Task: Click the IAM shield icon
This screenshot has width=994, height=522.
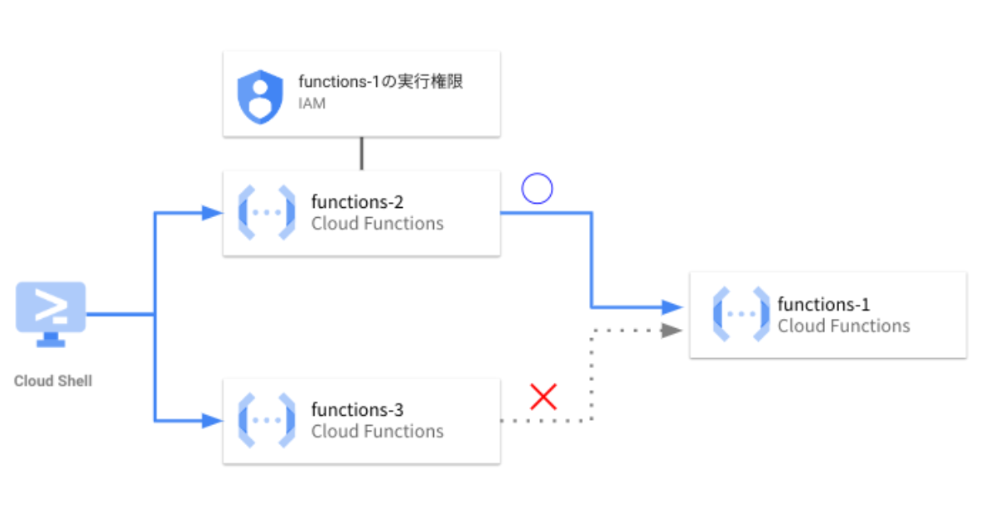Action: (x=260, y=96)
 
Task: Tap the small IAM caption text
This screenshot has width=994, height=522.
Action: (x=312, y=104)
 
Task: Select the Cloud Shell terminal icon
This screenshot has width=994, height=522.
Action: (x=51, y=313)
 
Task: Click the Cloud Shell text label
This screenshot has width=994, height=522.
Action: (x=53, y=381)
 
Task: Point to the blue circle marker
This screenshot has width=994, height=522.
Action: (x=537, y=190)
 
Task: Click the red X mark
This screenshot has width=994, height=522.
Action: (x=543, y=397)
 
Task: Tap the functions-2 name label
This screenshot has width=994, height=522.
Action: (x=357, y=201)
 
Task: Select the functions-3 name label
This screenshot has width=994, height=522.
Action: (x=357, y=409)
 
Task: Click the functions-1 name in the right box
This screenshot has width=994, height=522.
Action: (x=823, y=304)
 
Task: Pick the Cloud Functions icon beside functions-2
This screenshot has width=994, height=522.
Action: (x=267, y=213)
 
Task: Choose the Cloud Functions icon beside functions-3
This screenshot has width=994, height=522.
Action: (x=267, y=421)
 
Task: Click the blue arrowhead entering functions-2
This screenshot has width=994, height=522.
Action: (x=213, y=213)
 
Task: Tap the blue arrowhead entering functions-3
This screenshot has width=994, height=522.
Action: (x=213, y=421)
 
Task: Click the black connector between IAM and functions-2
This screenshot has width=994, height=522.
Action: (x=361, y=153)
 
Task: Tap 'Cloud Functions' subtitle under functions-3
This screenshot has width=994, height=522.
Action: (x=377, y=432)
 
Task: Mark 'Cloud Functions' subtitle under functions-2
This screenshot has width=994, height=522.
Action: (x=377, y=224)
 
